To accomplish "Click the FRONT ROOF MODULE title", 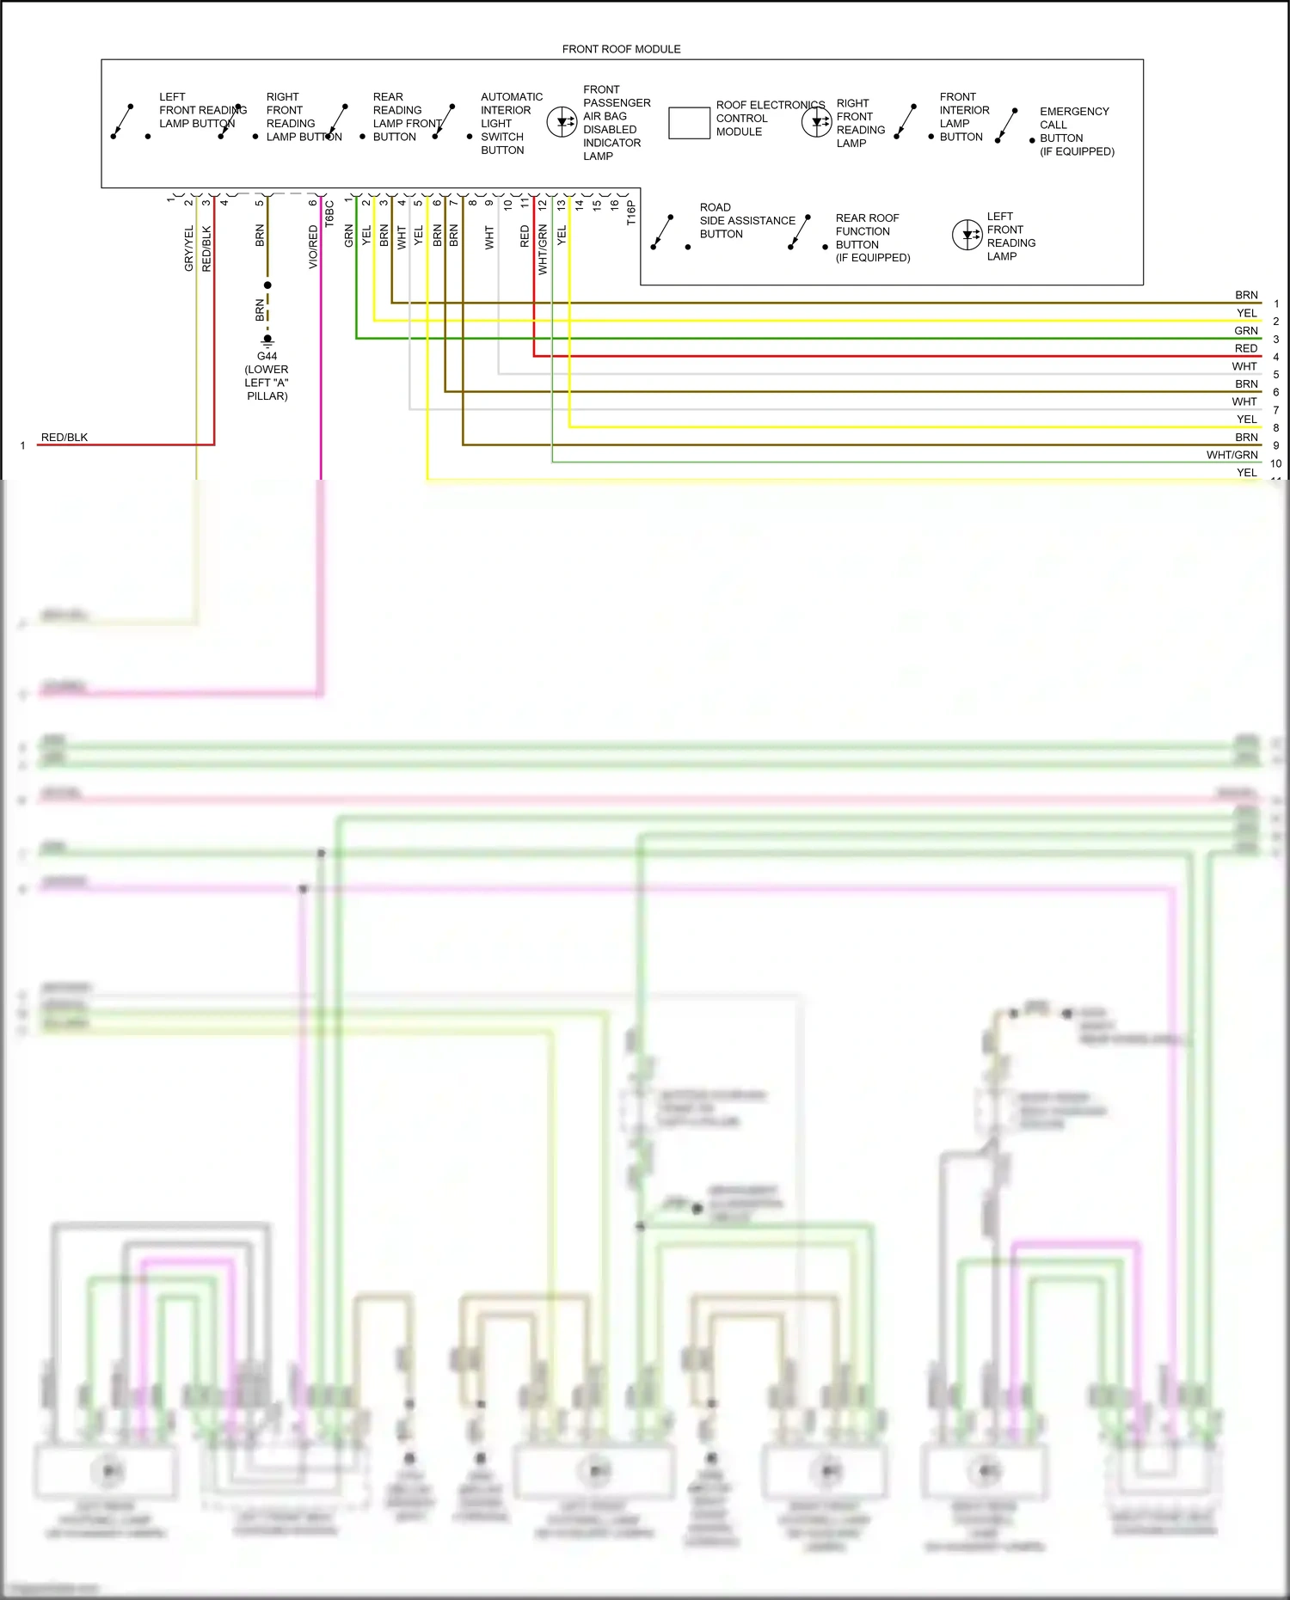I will [x=621, y=49].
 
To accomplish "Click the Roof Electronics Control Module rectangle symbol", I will [x=688, y=123].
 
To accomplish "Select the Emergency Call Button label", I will [x=1076, y=131].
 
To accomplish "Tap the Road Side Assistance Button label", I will [x=746, y=220].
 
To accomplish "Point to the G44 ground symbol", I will [x=267, y=340].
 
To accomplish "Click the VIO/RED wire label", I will [x=313, y=247].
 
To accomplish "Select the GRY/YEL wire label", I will [x=189, y=248].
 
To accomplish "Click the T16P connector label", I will [x=630, y=212].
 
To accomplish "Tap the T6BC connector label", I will [x=329, y=212].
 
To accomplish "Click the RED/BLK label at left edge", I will [x=64, y=437].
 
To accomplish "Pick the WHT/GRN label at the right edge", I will [x=1232, y=455].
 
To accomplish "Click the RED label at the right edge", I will [x=1245, y=348].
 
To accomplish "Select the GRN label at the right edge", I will [x=1245, y=330].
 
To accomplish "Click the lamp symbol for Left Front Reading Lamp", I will [x=967, y=235].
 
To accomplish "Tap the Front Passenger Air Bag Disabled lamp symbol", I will [x=562, y=122].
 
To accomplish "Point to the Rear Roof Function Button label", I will [x=871, y=237].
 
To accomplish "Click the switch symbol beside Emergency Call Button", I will [x=1006, y=126].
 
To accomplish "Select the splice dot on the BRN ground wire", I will [x=267, y=285].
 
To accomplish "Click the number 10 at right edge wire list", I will [x=1275, y=463].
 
